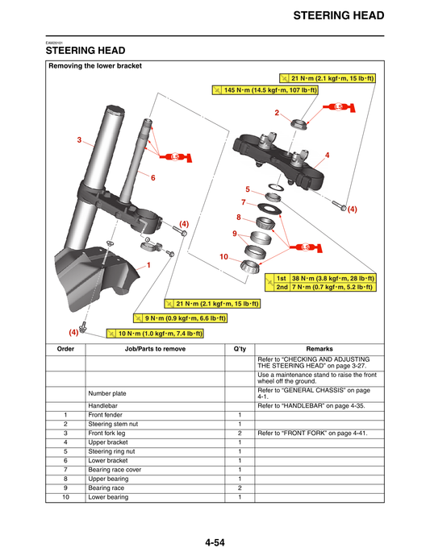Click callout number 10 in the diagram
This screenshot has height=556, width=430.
(225, 256)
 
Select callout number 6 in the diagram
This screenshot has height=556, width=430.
(152, 176)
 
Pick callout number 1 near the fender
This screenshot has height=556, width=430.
(148, 264)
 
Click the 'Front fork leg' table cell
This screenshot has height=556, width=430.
(109, 433)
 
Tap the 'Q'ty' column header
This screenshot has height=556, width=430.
(240, 349)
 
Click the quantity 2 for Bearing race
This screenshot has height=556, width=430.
(240, 488)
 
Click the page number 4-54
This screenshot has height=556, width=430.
(215, 542)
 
